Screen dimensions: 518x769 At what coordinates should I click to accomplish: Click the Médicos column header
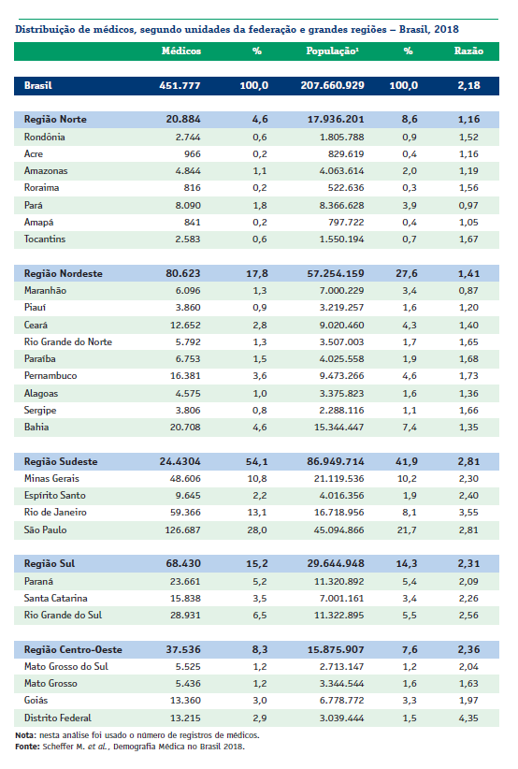pos(180,51)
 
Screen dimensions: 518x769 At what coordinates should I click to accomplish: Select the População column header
pos(332,51)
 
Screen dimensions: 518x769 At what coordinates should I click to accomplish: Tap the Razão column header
pos(468,51)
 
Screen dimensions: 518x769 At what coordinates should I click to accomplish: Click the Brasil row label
pos(37,85)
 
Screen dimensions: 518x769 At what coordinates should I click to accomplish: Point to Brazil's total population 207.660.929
pos(332,85)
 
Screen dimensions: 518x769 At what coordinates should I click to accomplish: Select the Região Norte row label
pos(55,119)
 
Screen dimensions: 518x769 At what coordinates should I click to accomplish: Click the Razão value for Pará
pos(468,206)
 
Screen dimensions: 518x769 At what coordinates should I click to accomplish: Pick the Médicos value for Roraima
pos(192,188)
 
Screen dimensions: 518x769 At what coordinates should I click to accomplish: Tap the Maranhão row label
pos(45,290)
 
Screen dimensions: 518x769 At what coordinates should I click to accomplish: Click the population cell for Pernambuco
pos(341,376)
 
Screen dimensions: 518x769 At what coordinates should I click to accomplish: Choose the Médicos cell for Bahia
pos(185,428)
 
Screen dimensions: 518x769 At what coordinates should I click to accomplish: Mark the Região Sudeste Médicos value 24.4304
pos(180,461)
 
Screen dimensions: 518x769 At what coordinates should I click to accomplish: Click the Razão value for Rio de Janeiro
pos(468,513)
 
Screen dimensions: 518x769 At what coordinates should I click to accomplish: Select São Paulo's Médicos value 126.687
pos(182,530)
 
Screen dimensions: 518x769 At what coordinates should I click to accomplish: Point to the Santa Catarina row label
pos(55,599)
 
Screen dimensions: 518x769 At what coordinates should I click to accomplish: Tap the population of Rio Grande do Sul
pos(339,616)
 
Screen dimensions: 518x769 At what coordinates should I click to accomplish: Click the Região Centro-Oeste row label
pos(73,650)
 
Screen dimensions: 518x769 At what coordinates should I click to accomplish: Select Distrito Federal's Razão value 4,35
pos(468,718)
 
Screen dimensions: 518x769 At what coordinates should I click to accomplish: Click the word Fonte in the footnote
pos(27,747)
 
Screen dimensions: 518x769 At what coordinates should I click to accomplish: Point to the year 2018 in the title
pos(446,29)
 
